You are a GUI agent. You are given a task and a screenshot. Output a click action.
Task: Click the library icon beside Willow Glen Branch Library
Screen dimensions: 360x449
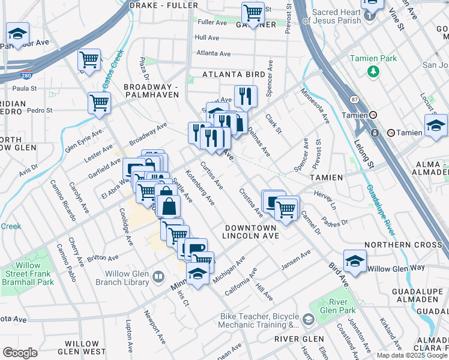click(x=158, y=277)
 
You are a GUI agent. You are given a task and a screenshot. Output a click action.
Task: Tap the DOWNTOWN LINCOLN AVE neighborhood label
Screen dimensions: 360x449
click(x=251, y=232)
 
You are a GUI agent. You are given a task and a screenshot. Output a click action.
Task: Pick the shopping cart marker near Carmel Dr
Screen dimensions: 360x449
click(x=287, y=208)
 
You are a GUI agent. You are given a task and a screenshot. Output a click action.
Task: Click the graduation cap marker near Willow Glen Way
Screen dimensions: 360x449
click(x=355, y=261)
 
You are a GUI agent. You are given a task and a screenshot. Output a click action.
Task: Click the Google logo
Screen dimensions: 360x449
click(x=20, y=353)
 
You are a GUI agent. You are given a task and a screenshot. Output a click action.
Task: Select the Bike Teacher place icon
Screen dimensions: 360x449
click(x=309, y=320)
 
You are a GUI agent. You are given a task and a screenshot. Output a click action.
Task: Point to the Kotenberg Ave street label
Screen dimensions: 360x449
click(x=200, y=187)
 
